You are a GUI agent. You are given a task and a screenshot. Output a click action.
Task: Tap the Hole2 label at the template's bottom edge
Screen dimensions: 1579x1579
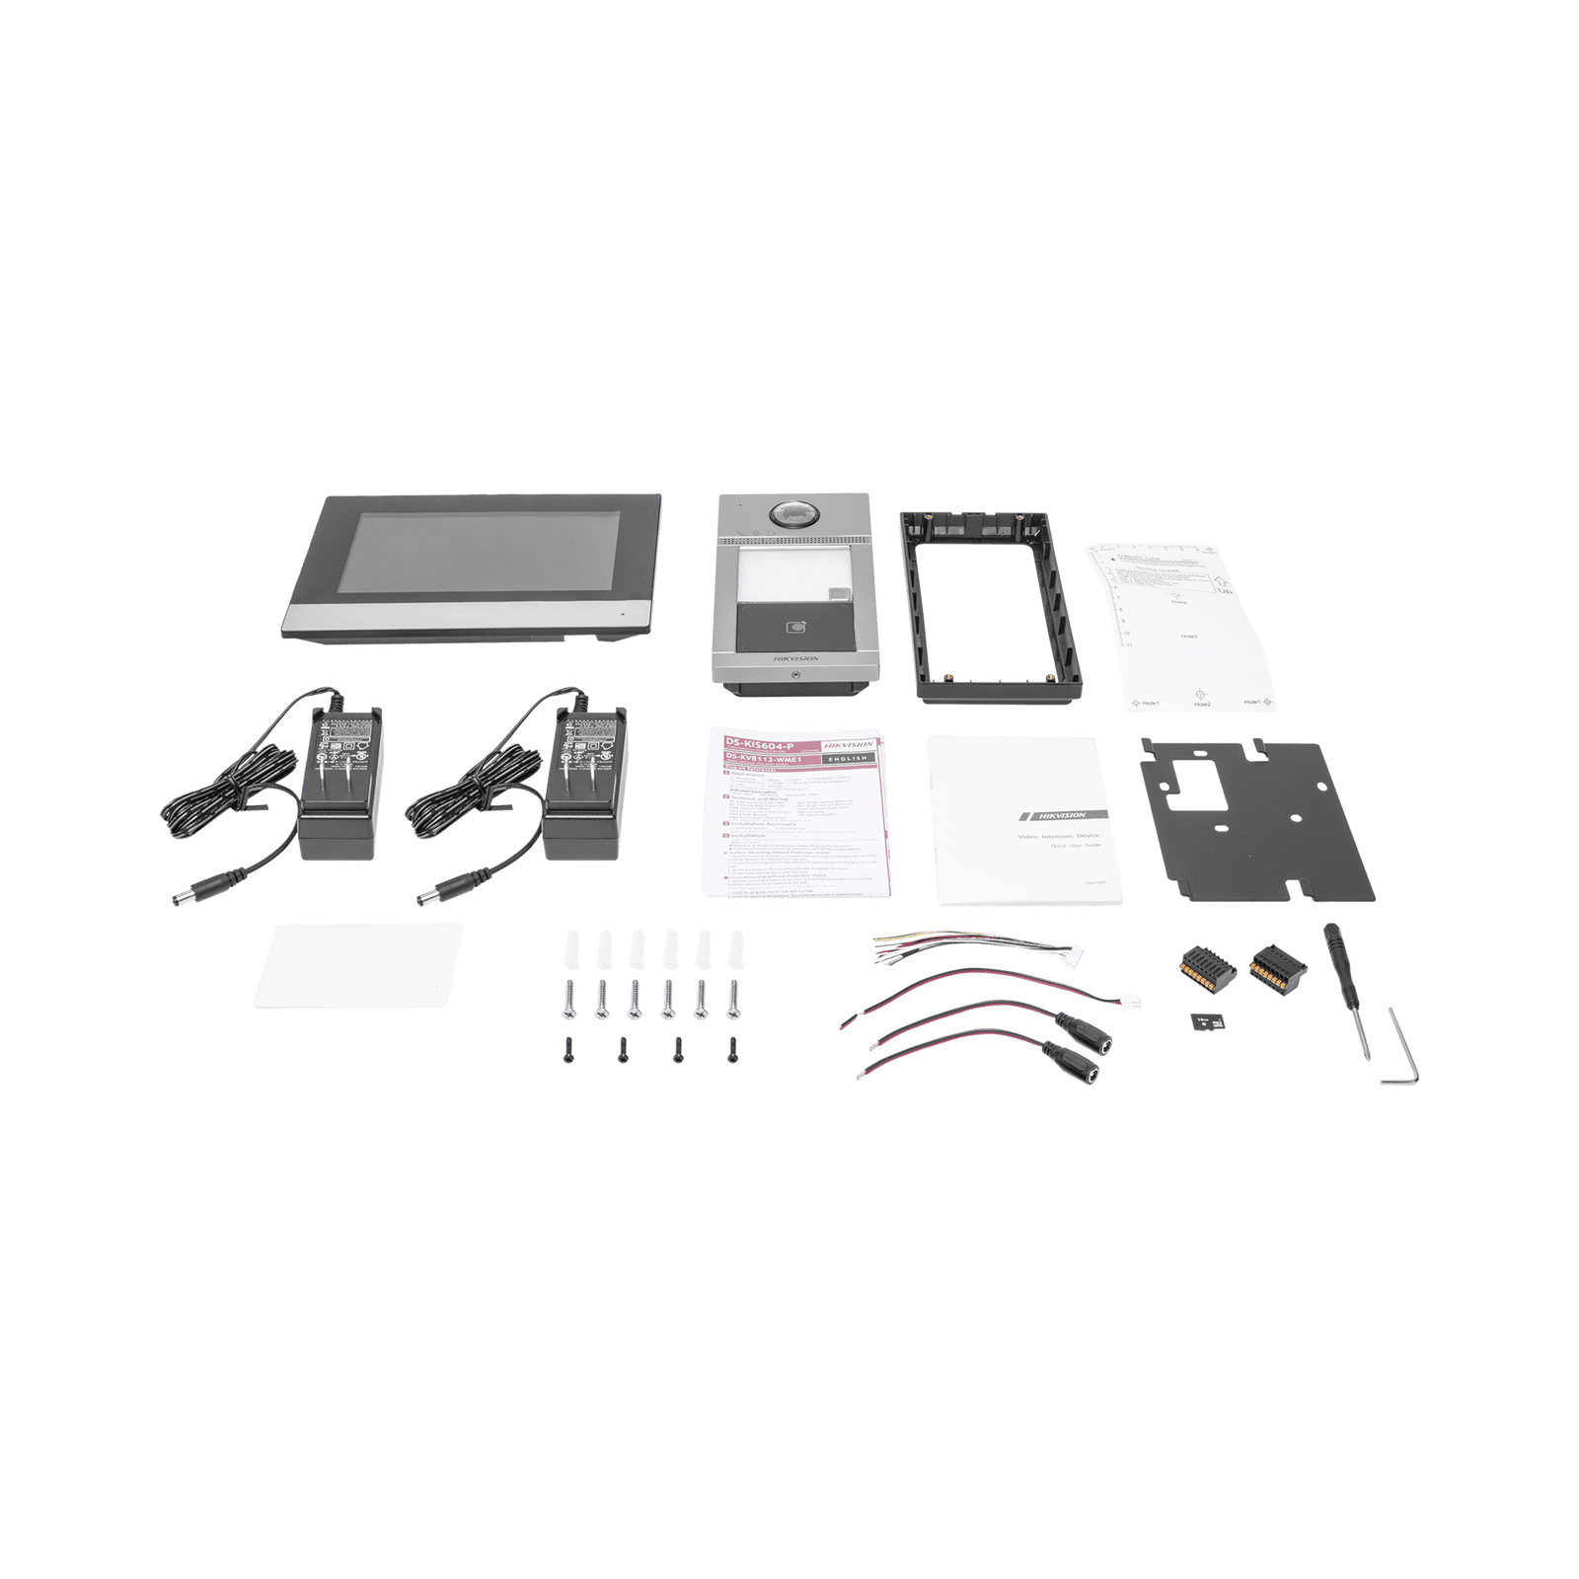(x=1200, y=705)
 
